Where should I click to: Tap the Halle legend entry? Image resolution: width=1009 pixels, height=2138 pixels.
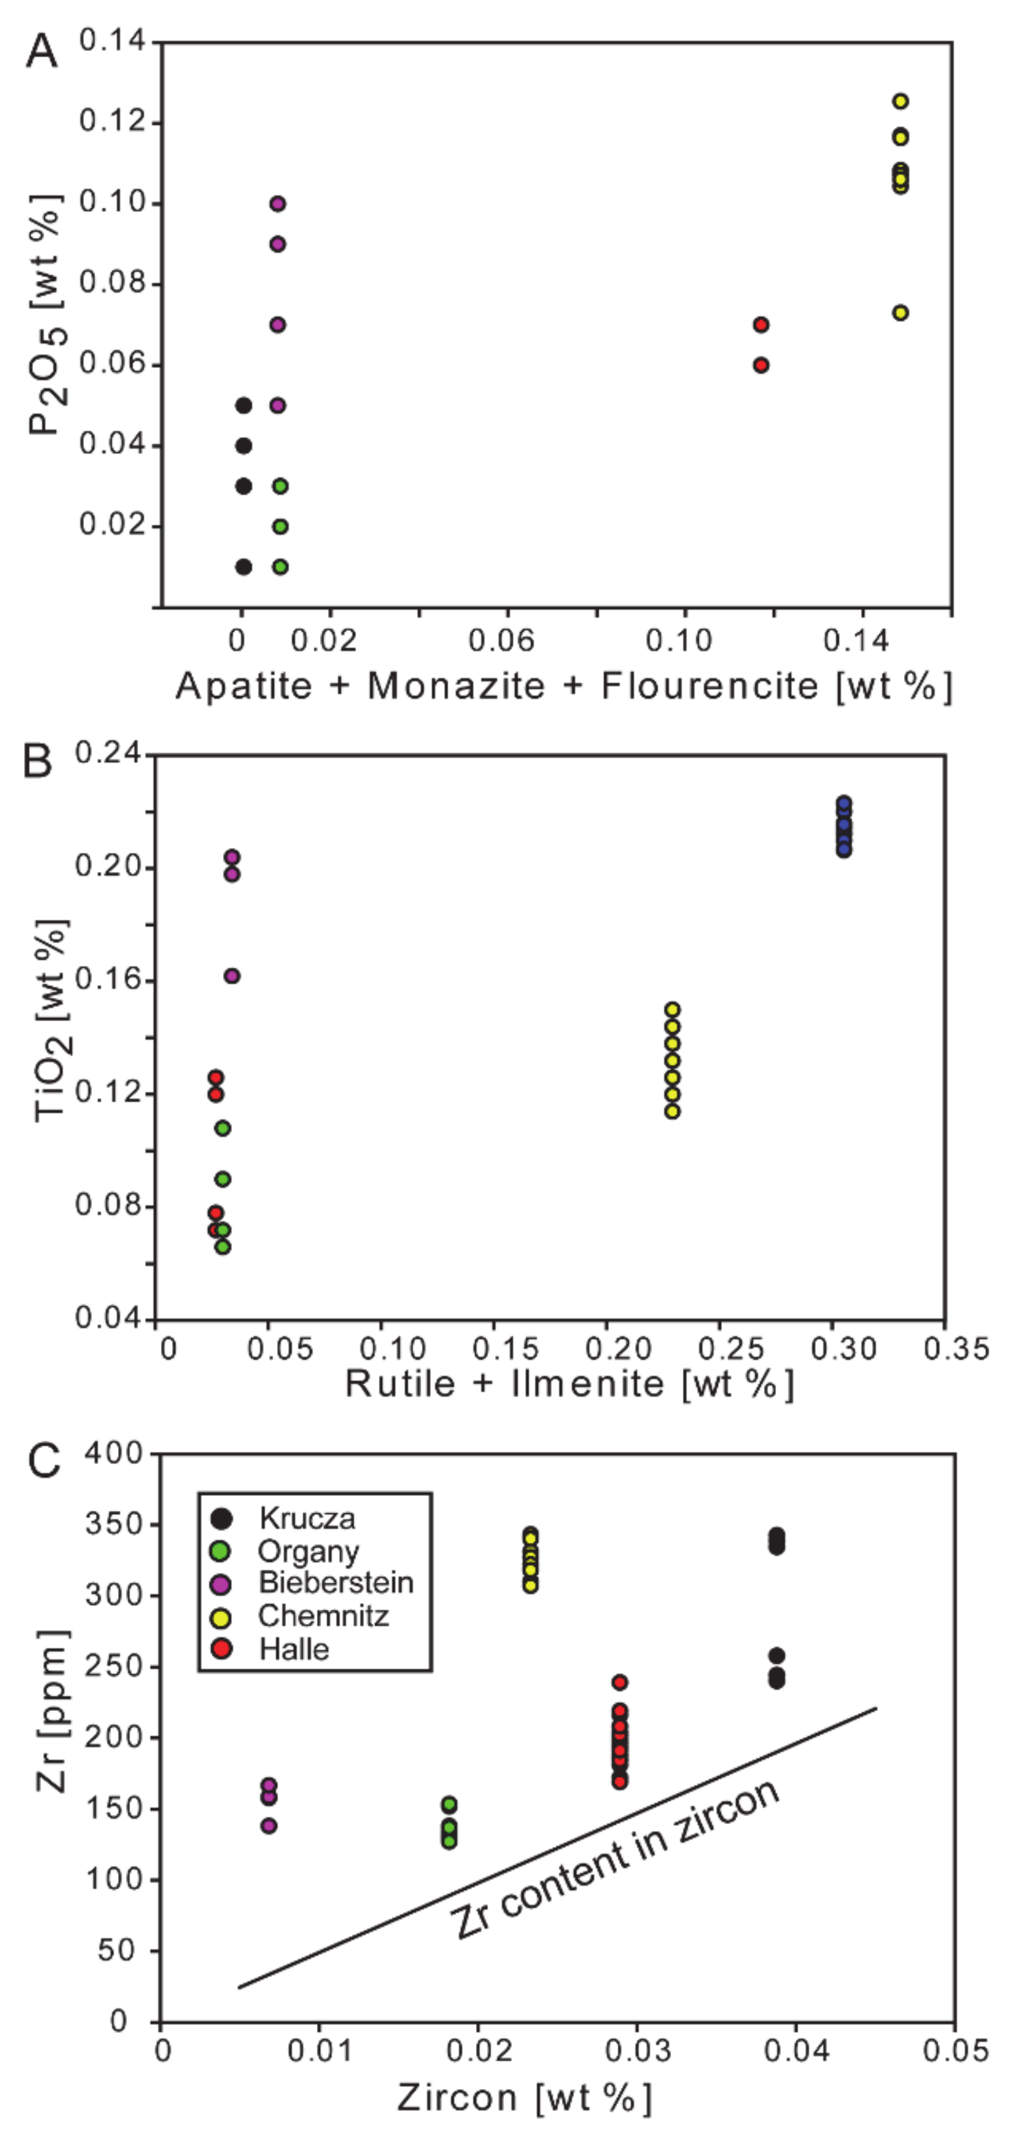(x=294, y=1649)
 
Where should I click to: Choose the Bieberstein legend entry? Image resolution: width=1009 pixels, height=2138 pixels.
(x=336, y=1583)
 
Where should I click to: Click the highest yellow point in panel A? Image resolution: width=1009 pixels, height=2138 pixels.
(x=900, y=101)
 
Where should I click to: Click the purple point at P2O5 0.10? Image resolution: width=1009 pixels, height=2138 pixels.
(x=278, y=203)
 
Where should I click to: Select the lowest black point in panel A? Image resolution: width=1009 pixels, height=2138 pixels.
(x=243, y=567)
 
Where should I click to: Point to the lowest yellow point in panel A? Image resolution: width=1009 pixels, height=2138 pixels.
(x=900, y=313)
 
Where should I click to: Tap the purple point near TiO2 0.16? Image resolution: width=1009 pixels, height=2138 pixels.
(x=232, y=976)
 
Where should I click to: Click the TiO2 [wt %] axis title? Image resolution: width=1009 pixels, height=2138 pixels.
(x=52, y=1021)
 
